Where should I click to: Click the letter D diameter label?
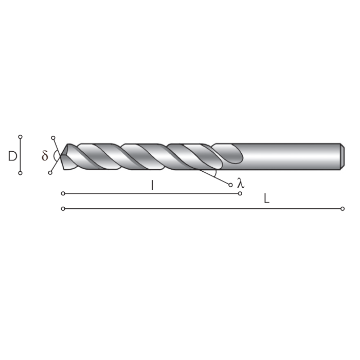[13, 156]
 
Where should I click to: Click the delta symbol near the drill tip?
[45, 156]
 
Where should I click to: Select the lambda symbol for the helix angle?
[241, 183]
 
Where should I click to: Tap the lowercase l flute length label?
[152, 185]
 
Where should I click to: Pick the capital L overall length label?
[266, 199]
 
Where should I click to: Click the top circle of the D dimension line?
[20, 137]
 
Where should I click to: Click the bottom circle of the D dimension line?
[20, 173]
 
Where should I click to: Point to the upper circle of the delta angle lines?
[53, 138]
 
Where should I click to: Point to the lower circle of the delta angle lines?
[50, 173]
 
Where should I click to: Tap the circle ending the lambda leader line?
[230, 185]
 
